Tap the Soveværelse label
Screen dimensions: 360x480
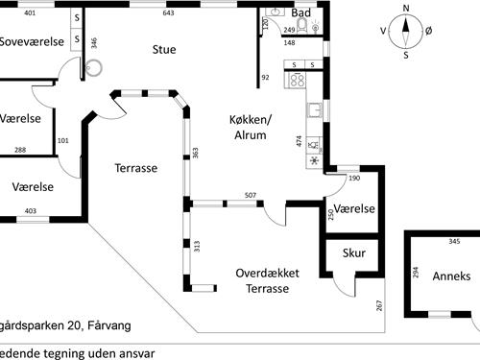(31, 41)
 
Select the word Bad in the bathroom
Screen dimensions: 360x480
(300, 12)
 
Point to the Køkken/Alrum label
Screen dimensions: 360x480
(251, 128)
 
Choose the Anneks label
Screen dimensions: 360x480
(451, 276)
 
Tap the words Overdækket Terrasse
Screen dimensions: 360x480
(268, 280)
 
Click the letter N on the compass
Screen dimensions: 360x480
(405, 9)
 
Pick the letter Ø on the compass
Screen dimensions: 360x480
(428, 31)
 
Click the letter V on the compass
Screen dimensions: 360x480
(383, 31)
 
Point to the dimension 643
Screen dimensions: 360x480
(169, 13)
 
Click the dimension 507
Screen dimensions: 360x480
(250, 195)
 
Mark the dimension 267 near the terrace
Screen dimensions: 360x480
(380, 307)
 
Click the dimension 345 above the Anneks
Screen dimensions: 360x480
(455, 241)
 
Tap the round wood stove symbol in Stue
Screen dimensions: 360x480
(93, 67)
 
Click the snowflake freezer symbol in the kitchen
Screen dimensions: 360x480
(313, 159)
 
